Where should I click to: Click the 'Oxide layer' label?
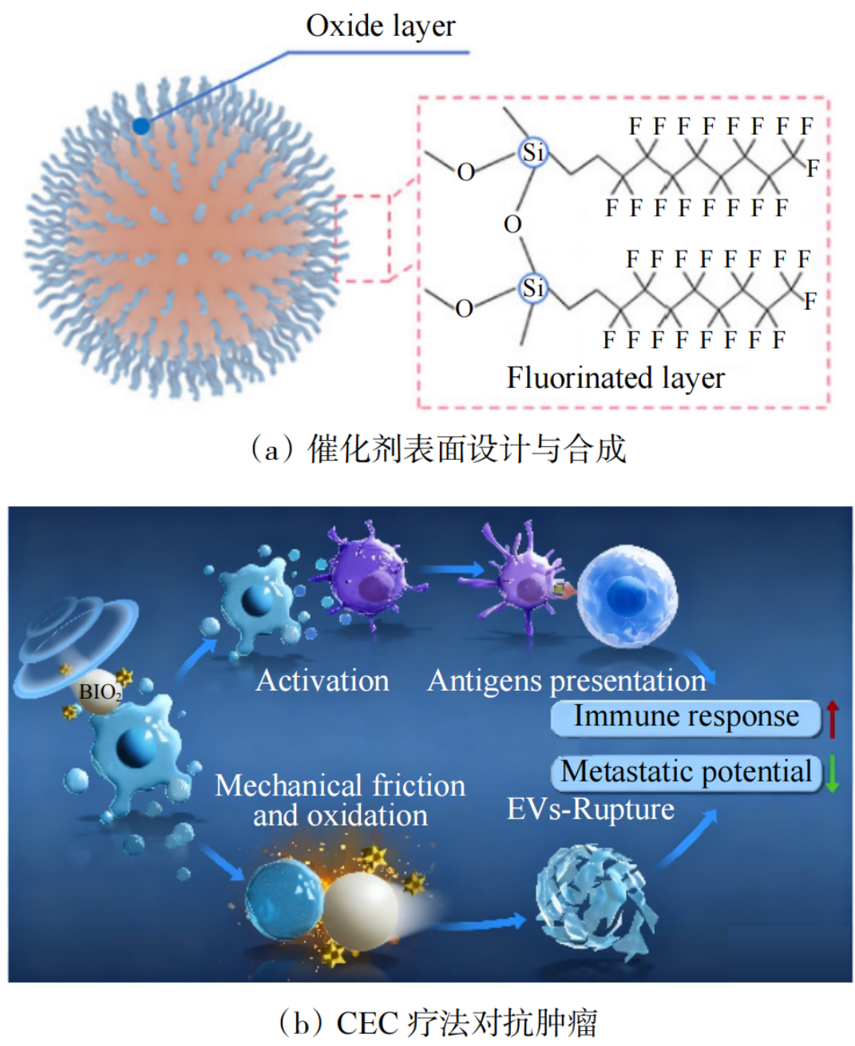pyautogui.click(x=380, y=26)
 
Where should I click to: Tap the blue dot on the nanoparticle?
pyautogui.click(x=141, y=125)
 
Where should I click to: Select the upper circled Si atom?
pyautogui.click(x=532, y=152)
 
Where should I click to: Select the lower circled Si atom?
pyautogui.click(x=532, y=287)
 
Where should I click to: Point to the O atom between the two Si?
pyautogui.click(x=513, y=224)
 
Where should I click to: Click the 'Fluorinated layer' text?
pyautogui.click(x=616, y=378)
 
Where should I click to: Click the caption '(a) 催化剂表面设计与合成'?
pyautogui.click(x=437, y=449)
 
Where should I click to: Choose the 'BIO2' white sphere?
pyautogui.click(x=99, y=691)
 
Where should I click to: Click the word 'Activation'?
pyautogui.click(x=323, y=681)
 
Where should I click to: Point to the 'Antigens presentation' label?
pyautogui.click(x=567, y=681)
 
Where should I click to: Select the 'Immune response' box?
pyautogui.click(x=686, y=717)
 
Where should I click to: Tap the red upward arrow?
pyautogui.click(x=832, y=718)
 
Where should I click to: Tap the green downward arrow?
pyautogui.click(x=832, y=774)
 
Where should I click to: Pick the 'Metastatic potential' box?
pyautogui.click(x=686, y=772)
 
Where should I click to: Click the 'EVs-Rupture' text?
pyautogui.click(x=591, y=810)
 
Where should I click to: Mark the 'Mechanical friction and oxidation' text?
pyautogui.click(x=340, y=800)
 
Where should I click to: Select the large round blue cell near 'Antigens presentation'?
pyautogui.click(x=627, y=595)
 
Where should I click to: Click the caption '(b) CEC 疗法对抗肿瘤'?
pyautogui.click(x=437, y=1023)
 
